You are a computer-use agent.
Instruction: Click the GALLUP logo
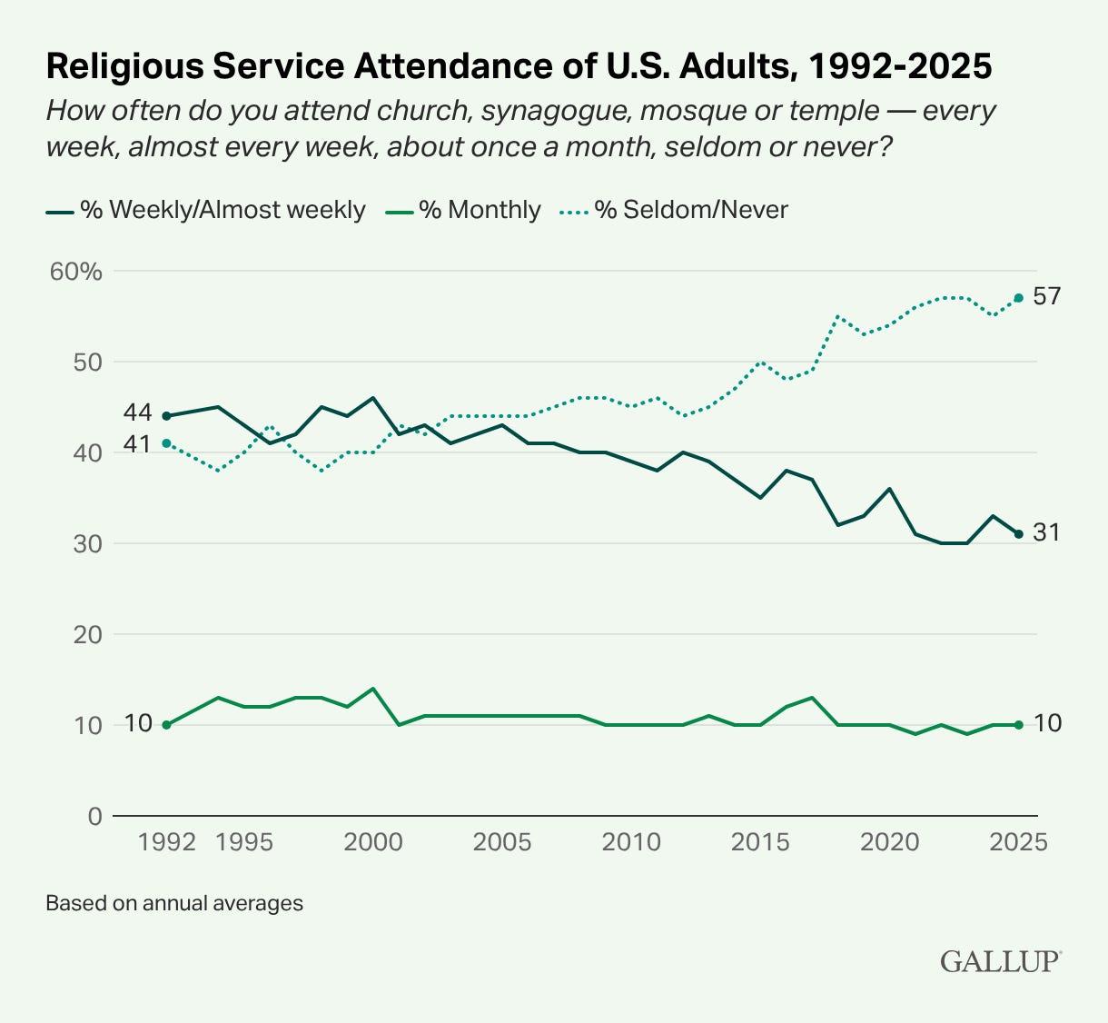point(1001,961)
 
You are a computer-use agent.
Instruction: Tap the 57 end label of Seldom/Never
point(1047,297)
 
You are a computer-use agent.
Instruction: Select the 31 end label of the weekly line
point(1046,533)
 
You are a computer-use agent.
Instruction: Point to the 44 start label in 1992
point(137,413)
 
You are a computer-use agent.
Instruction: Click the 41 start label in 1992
point(137,445)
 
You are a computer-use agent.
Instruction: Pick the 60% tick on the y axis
point(76,272)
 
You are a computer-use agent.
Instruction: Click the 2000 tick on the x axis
point(373,842)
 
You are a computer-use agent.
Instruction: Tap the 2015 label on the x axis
point(760,842)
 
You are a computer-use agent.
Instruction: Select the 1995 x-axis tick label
point(244,842)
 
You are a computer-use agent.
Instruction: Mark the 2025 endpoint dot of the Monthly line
point(1019,725)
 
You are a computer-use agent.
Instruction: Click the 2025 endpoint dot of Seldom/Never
point(1019,298)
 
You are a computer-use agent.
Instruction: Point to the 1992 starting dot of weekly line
point(166,416)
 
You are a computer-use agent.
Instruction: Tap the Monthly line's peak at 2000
point(373,689)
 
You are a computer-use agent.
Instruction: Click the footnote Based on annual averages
point(174,904)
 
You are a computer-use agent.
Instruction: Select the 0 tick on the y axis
point(94,816)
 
